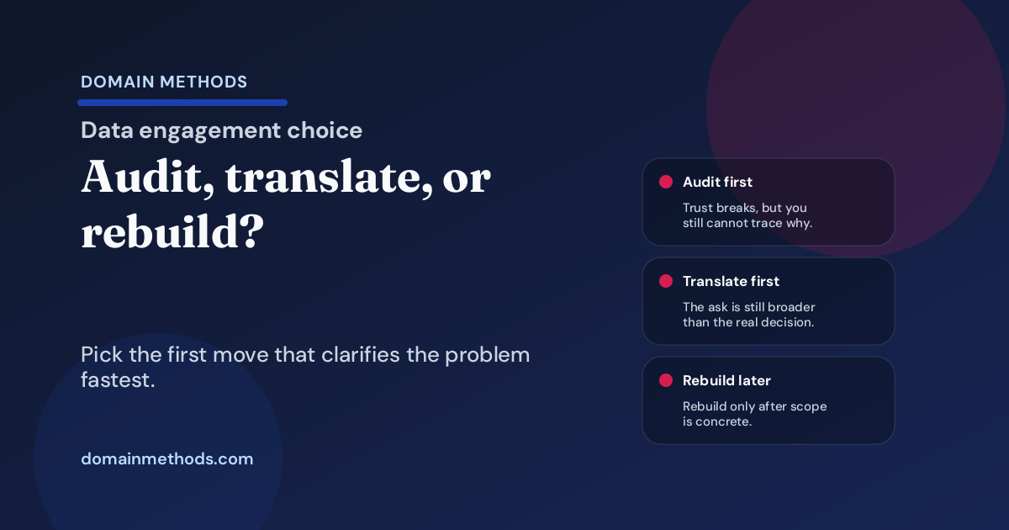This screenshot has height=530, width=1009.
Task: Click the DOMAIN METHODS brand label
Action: [164, 82]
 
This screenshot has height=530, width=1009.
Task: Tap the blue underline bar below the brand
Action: [182, 103]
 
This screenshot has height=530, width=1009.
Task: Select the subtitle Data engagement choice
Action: [222, 130]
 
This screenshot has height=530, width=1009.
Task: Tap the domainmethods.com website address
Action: [166, 459]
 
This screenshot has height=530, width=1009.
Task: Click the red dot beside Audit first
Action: [665, 182]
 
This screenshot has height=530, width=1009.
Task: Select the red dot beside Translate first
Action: [665, 281]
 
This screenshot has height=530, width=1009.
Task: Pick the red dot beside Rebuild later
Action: [665, 380]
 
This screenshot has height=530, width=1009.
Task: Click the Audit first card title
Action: [717, 182]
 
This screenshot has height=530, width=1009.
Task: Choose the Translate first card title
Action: [731, 281]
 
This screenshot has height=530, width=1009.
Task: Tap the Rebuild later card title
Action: [726, 380]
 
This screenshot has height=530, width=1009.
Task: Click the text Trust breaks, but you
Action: [745, 208]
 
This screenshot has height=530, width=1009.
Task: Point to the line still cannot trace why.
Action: [747, 223]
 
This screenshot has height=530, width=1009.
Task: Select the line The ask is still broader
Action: [748, 307]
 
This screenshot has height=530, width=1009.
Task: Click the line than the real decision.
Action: [748, 322]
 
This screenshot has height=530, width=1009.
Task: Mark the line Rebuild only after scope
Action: [754, 406]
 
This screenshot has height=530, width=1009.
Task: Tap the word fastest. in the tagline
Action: [118, 380]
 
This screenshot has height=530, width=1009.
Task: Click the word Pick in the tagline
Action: [99, 354]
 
